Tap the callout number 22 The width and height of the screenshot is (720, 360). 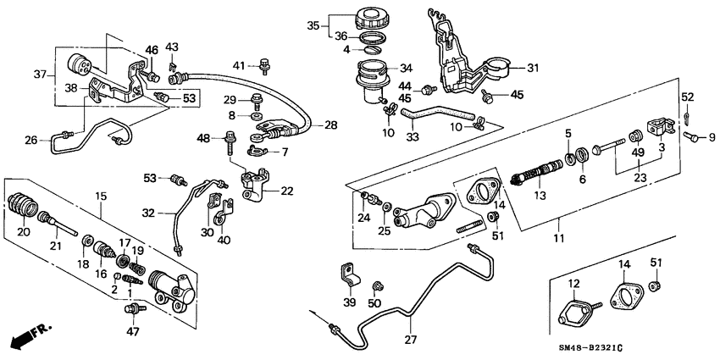(287, 190)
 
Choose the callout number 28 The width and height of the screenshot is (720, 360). (330, 124)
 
